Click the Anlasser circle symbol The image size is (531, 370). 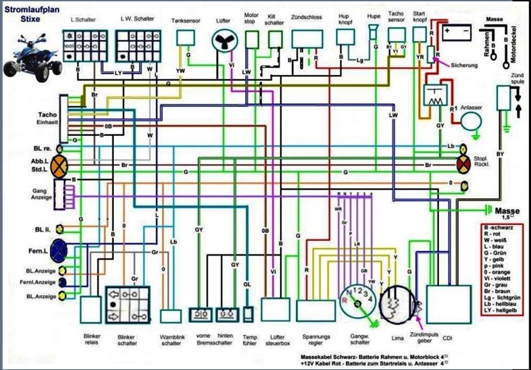coord(473,121)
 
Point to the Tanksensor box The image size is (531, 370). coord(186,37)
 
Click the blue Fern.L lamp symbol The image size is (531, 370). coord(59,250)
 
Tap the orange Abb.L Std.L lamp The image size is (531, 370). coord(59,165)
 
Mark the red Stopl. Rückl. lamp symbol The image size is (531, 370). coord(463,163)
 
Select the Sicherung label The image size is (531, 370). coord(464,65)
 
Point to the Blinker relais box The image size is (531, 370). coord(91,309)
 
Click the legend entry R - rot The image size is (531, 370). coord(493,235)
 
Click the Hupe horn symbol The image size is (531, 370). coord(375,32)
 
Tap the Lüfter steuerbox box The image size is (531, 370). coord(276,308)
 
